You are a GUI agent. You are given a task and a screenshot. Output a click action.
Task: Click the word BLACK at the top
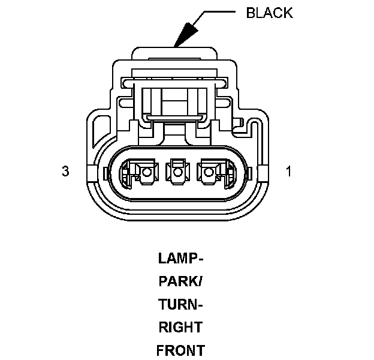pyautogui.click(x=269, y=13)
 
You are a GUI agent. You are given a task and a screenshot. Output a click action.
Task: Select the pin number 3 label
pyautogui.click(x=65, y=172)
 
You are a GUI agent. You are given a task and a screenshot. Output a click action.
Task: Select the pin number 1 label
pyautogui.click(x=288, y=172)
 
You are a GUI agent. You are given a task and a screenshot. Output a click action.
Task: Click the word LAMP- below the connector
pyautogui.click(x=181, y=259)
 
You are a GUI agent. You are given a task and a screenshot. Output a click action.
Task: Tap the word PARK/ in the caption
pyautogui.click(x=181, y=282)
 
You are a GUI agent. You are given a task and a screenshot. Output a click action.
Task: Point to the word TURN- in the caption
pyautogui.click(x=181, y=305)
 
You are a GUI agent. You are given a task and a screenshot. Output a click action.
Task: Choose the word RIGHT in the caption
pyautogui.click(x=180, y=328)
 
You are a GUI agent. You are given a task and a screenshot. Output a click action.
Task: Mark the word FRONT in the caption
pyautogui.click(x=180, y=350)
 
